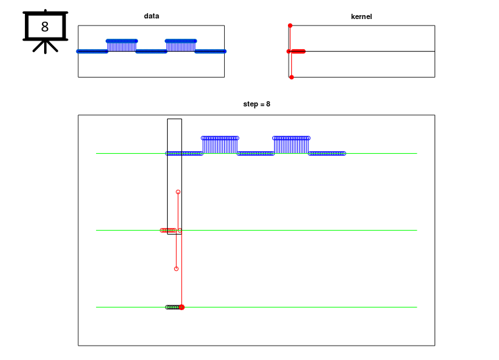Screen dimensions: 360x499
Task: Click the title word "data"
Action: (x=151, y=16)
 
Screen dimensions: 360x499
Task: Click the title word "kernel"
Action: (x=361, y=16)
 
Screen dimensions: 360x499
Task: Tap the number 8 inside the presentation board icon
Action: (x=45, y=27)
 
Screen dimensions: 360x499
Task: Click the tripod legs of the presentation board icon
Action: (x=45, y=46)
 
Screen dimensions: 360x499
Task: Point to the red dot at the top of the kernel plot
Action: (x=290, y=26)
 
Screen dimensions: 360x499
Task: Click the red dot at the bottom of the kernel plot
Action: (x=291, y=78)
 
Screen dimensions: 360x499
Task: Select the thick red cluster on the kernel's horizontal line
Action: (x=298, y=51)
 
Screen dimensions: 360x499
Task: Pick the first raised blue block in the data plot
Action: (x=122, y=44)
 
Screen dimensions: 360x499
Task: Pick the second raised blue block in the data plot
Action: (x=181, y=44)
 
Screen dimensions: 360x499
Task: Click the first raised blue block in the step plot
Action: (x=220, y=145)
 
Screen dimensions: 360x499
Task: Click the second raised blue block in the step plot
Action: (x=291, y=145)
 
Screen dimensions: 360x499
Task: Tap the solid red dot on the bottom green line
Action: (x=182, y=307)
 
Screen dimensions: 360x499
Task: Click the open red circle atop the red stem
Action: (x=178, y=192)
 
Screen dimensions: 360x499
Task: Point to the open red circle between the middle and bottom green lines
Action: (x=176, y=269)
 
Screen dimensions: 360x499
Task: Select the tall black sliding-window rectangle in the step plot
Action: (x=174, y=176)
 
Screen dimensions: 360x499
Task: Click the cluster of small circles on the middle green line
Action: (x=168, y=231)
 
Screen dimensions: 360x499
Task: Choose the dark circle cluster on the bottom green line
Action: (x=172, y=307)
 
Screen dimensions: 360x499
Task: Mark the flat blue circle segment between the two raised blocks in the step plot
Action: (x=256, y=153)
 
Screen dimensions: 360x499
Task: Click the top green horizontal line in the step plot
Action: (x=381, y=153)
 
